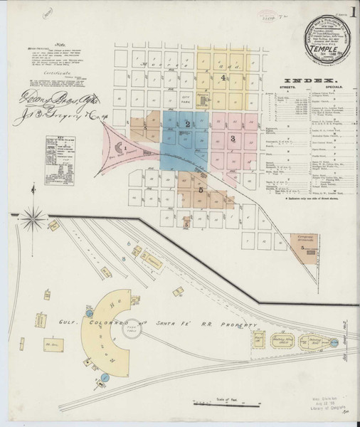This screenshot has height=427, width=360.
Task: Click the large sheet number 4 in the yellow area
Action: coord(223,78)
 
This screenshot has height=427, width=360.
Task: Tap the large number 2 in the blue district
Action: coord(186,125)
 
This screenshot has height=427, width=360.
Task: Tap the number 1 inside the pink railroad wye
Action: coord(127,147)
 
